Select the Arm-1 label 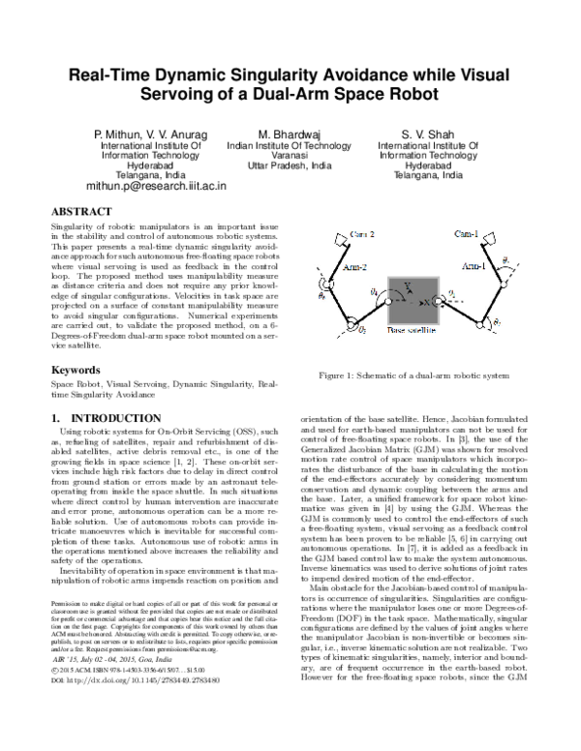pyautogui.click(x=476, y=265)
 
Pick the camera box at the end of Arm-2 pyautogui.click(x=334, y=238)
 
